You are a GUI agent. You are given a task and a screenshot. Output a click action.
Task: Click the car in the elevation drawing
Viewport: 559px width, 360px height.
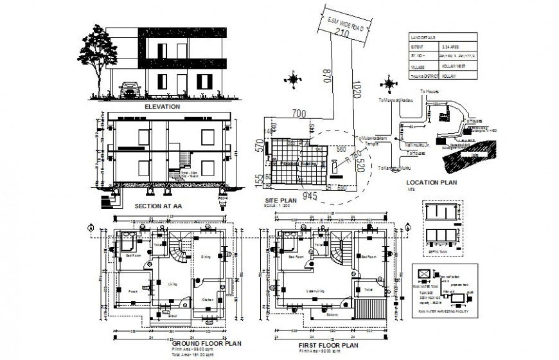click(130, 89)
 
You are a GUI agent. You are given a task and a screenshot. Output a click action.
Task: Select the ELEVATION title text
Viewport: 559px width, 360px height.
click(162, 107)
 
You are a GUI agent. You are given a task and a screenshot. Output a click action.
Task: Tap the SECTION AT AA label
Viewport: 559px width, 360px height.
click(157, 206)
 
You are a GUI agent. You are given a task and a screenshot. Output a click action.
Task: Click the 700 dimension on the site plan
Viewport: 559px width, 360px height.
click(298, 114)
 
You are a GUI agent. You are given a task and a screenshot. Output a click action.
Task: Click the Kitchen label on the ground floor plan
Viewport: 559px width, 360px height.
click(207, 300)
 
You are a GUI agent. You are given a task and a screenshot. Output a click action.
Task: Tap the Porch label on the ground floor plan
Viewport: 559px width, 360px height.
click(133, 291)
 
